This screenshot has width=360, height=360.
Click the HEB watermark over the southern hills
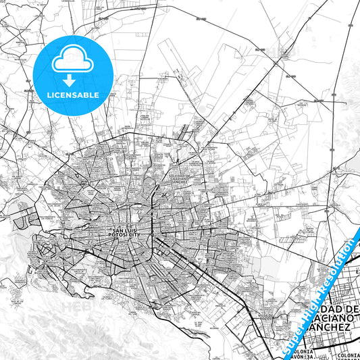pos(76,307)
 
